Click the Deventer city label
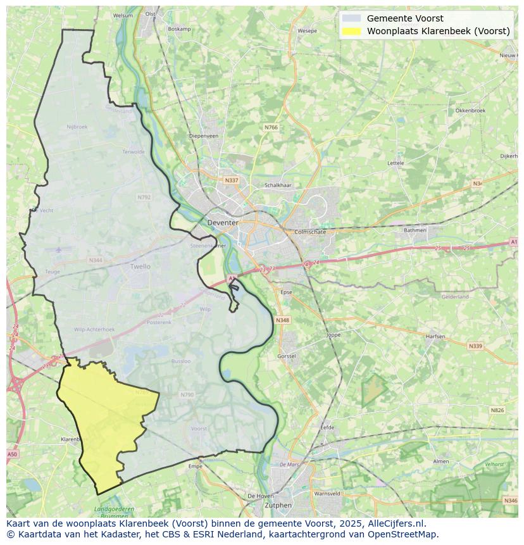click(223, 223)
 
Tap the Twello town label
click(140, 266)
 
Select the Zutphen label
click(278, 505)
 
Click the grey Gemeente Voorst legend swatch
click(351, 18)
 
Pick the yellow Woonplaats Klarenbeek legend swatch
click(351, 31)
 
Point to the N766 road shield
click(271, 127)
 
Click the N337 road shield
click(232, 180)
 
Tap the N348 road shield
click(282, 320)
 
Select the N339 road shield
click(475, 346)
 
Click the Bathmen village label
click(415, 230)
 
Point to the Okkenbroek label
click(470, 110)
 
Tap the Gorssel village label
click(287, 356)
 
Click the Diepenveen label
click(204, 135)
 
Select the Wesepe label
click(307, 30)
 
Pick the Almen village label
click(440, 461)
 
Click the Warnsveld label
click(327, 493)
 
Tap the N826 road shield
click(497, 410)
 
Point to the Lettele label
click(396, 163)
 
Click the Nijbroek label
click(77, 127)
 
